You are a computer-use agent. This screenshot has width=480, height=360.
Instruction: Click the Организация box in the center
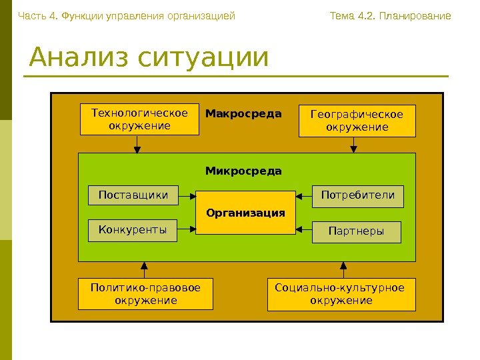coord(245,213)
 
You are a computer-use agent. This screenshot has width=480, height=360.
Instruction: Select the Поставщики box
coord(133,195)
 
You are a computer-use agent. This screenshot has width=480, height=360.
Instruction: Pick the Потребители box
coord(358,195)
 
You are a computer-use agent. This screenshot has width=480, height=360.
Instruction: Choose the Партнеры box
coord(357,231)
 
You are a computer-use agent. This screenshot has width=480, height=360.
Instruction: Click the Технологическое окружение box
coord(139,119)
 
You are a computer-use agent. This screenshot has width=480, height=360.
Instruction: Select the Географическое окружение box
coord(357,120)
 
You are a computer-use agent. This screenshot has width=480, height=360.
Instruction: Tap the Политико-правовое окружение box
coord(145,294)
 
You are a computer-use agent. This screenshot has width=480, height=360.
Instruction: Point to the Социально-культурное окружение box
coord(341,294)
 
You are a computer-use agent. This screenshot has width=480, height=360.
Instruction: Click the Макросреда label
coord(243,114)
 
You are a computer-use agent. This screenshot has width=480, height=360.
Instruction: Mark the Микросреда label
coord(243,171)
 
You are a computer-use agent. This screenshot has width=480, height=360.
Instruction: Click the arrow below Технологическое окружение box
coord(137,144)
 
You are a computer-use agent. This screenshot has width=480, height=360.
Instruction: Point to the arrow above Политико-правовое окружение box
coord(144,269)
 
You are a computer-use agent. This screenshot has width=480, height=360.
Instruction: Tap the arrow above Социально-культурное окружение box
coord(343,269)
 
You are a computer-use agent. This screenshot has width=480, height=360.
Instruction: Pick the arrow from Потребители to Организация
coord(304,196)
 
